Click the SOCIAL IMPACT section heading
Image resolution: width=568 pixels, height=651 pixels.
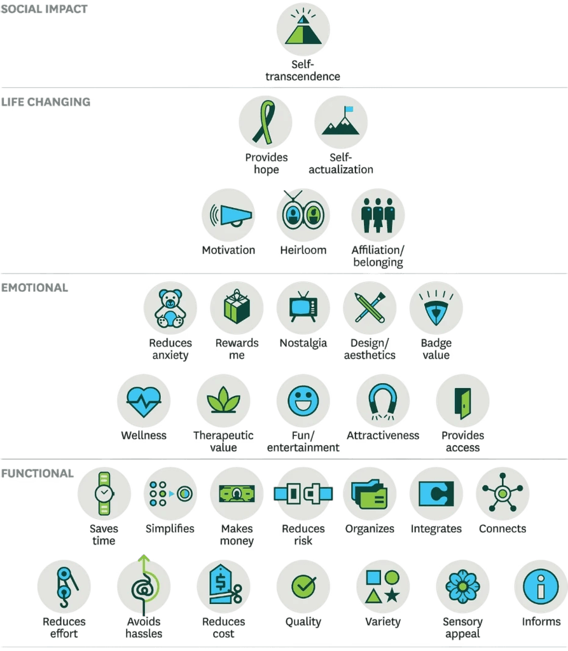click(x=44, y=9)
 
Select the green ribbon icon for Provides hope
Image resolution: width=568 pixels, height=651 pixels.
click(x=265, y=123)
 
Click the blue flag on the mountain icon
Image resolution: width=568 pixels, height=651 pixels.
click(x=348, y=109)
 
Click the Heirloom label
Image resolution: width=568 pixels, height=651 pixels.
click(x=303, y=250)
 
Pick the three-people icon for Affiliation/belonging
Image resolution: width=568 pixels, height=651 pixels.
click(x=378, y=215)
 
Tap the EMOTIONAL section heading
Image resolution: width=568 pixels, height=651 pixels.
click(x=34, y=288)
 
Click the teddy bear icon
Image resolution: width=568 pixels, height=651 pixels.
click(x=170, y=308)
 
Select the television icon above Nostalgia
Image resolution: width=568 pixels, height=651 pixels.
click(x=303, y=307)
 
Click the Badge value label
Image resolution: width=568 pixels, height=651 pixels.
click(x=436, y=349)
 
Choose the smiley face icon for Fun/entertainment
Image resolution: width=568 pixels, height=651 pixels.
click(x=303, y=401)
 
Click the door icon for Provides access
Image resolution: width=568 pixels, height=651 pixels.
click(x=462, y=402)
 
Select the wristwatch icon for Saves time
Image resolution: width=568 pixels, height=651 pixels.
click(x=104, y=493)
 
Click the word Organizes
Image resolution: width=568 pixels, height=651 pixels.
click(x=370, y=528)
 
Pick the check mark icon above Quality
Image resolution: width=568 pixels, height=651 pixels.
click(x=303, y=586)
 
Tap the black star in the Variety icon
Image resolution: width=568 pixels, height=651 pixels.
click(x=392, y=596)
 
